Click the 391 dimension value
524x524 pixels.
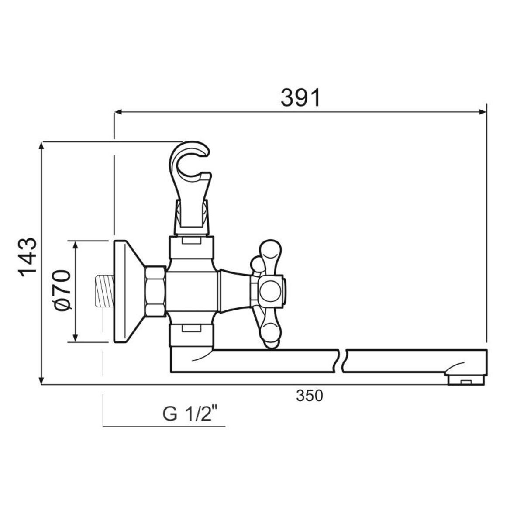coord(300,97)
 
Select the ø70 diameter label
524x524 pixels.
coord(62,290)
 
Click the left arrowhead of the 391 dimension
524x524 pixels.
coord(118,112)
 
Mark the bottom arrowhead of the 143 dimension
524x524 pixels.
coord(41,380)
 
